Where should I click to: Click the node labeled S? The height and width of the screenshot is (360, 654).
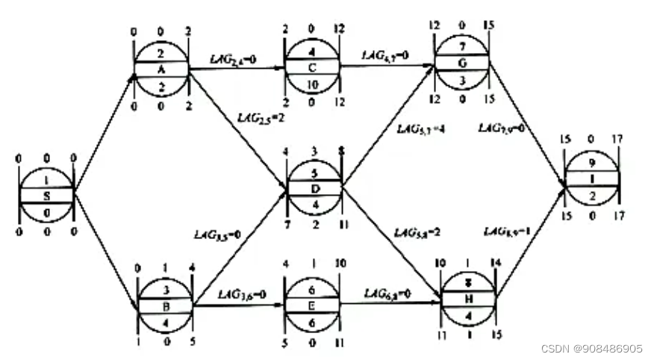click(46, 195)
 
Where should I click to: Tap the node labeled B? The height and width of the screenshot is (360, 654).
click(165, 305)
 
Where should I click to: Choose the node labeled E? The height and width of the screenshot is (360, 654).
click(311, 305)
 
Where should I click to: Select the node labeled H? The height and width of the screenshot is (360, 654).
click(468, 299)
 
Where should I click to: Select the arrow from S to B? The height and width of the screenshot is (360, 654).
click(105, 250)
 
